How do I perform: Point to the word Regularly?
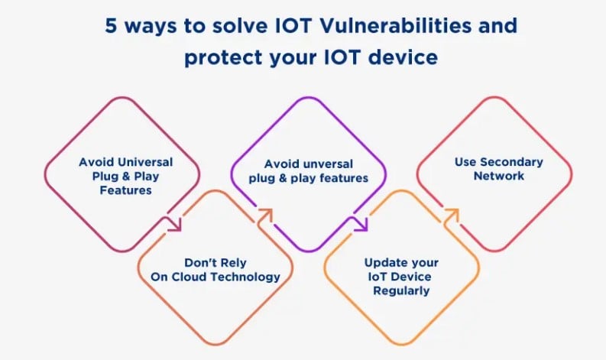click(x=401, y=290)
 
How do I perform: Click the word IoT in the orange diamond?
click(x=374, y=277)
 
